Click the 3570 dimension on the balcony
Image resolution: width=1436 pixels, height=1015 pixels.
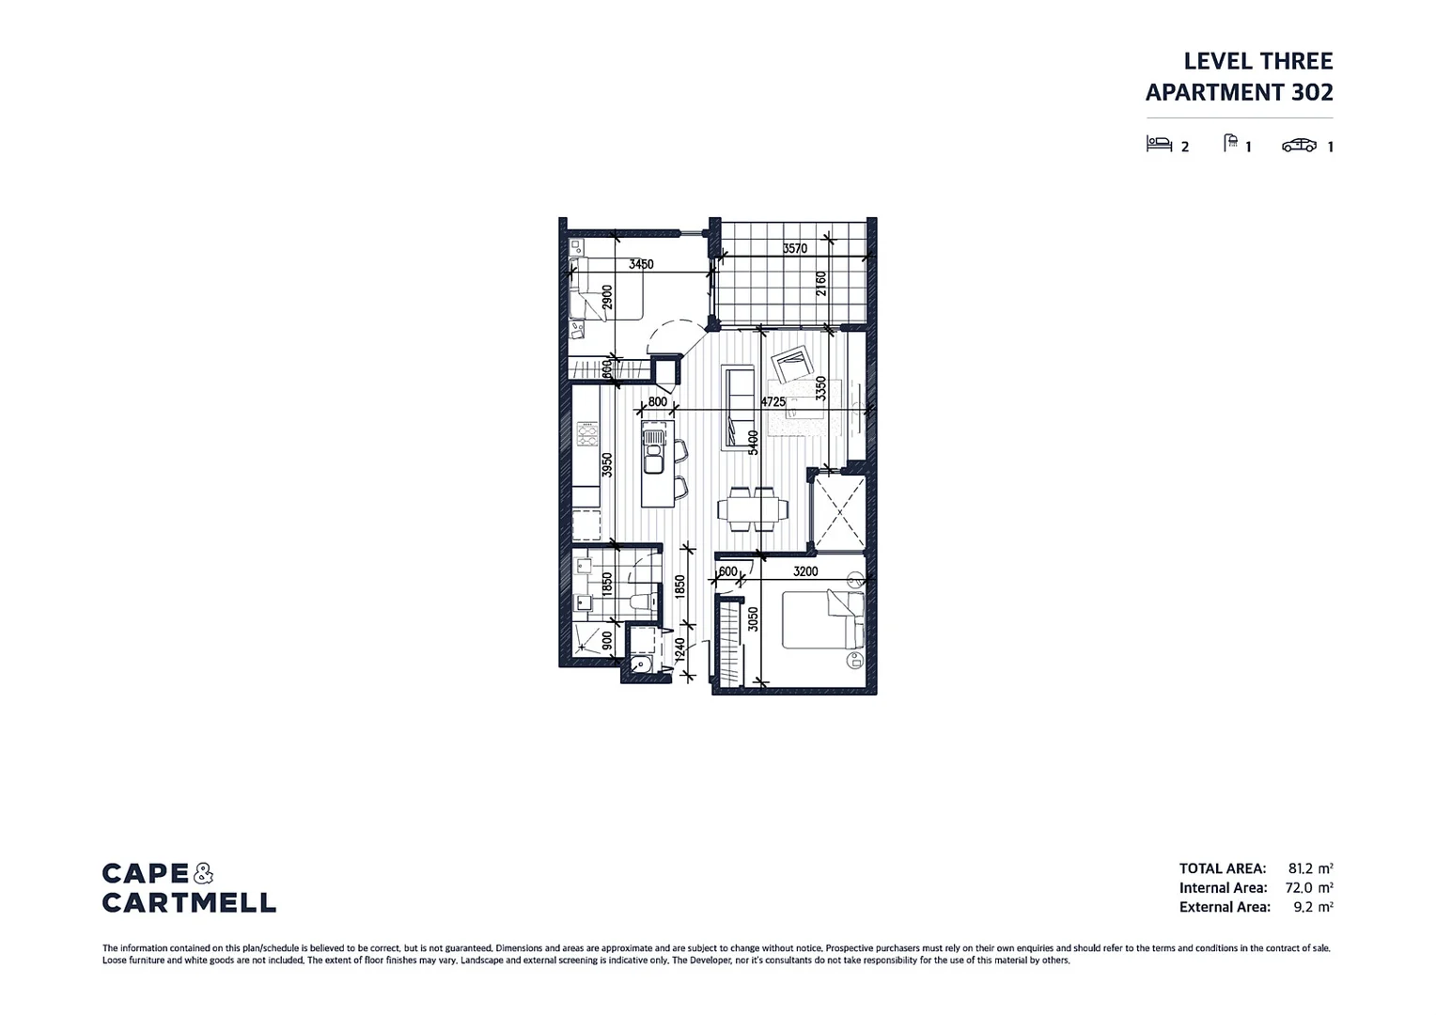[x=794, y=249]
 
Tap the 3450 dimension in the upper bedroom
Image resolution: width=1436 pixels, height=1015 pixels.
[x=641, y=265]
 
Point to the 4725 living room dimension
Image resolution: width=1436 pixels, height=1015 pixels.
[x=773, y=401]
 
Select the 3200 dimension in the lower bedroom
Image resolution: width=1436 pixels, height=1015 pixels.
[x=805, y=571]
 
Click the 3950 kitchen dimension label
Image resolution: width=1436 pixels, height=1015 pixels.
[x=607, y=465]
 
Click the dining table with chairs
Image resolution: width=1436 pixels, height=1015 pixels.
[x=753, y=508]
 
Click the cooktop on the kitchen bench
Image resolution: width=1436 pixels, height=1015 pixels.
[x=587, y=434]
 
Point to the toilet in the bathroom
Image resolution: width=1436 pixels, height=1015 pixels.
[x=642, y=601]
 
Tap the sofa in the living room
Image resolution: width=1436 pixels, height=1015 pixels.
[x=739, y=406]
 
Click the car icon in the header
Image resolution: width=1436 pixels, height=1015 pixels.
[x=1299, y=146]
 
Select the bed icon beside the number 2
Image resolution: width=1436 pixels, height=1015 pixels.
[x=1159, y=144]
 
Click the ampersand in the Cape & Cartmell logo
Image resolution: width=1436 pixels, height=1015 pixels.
[x=203, y=874]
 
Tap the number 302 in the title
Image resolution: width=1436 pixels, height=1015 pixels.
[x=1312, y=92]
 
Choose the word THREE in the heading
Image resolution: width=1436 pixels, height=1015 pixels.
[x=1296, y=61]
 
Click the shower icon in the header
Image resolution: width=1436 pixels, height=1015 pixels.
[x=1230, y=143]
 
